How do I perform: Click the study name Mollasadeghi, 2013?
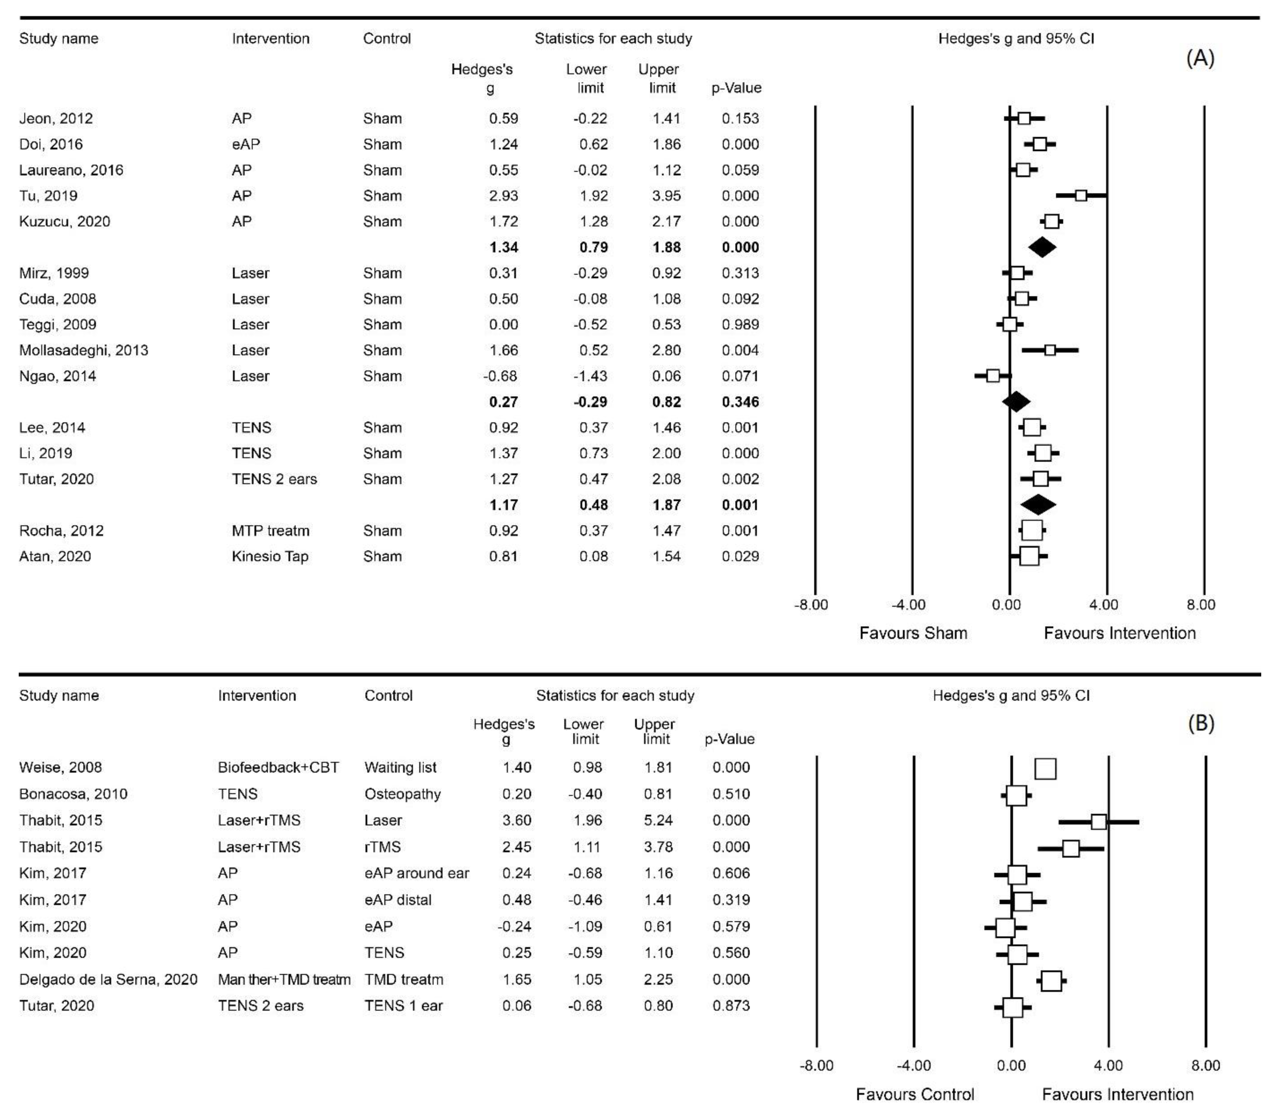tap(84, 350)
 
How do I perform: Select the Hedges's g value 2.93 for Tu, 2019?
tap(503, 196)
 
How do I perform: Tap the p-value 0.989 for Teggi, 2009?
tap(741, 325)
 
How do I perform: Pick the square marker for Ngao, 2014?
tap(992, 376)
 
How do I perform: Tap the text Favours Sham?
tap(913, 633)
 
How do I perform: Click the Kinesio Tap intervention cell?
tap(270, 557)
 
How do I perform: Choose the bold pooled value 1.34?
tap(503, 247)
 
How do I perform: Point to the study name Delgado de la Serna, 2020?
tap(108, 979)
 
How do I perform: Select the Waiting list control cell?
tap(400, 768)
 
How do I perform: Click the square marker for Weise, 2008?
tap(1046, 769)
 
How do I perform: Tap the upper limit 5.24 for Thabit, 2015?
tap(658, 820)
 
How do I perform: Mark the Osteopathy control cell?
tap(402, 794)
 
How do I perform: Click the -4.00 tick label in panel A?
tap(908, 605)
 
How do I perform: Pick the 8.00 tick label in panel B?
tap(1205, 1066)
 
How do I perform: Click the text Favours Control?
tap(915, 1095)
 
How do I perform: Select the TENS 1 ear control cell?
tap(403, 1005)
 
